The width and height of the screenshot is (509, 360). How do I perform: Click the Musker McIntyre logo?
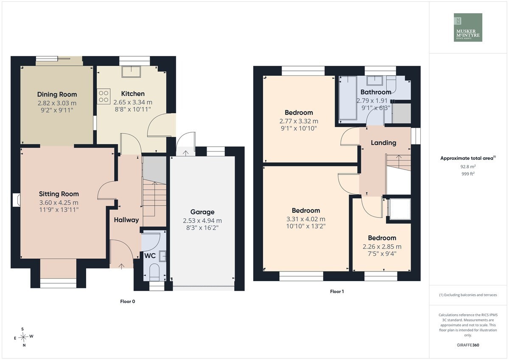coord(468,28)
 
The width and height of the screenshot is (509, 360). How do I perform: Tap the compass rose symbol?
coord(23,337)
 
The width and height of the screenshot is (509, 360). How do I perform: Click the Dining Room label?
coord(57,95)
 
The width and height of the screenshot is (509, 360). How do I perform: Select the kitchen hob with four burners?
coord(103,96)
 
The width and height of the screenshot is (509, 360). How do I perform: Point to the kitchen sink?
coord(131,72)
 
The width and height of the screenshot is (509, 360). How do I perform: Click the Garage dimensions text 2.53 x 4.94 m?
coord(202,220)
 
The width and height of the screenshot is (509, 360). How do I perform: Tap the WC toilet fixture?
coord(155,272)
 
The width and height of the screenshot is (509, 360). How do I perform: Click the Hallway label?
coord(126,220)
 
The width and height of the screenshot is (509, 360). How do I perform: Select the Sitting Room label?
coord(59,194)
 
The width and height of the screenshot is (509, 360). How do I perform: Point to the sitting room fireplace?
coord(17,200)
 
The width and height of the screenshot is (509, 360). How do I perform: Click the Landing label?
coord(383,142)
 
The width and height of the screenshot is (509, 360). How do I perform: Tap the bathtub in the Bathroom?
coord(347,98)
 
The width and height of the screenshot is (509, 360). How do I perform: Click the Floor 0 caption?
coord(128,301)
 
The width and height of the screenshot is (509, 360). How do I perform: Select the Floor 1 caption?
coord(337,291)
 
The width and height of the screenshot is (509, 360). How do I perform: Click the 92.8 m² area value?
coord(468,167)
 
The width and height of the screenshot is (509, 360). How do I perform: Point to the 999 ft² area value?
coord(468,174)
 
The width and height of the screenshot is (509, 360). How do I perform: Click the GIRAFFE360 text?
coord(468,345)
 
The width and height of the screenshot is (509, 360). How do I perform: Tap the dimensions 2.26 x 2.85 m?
coord(382,247)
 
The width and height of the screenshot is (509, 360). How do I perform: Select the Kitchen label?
coord(133,94)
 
